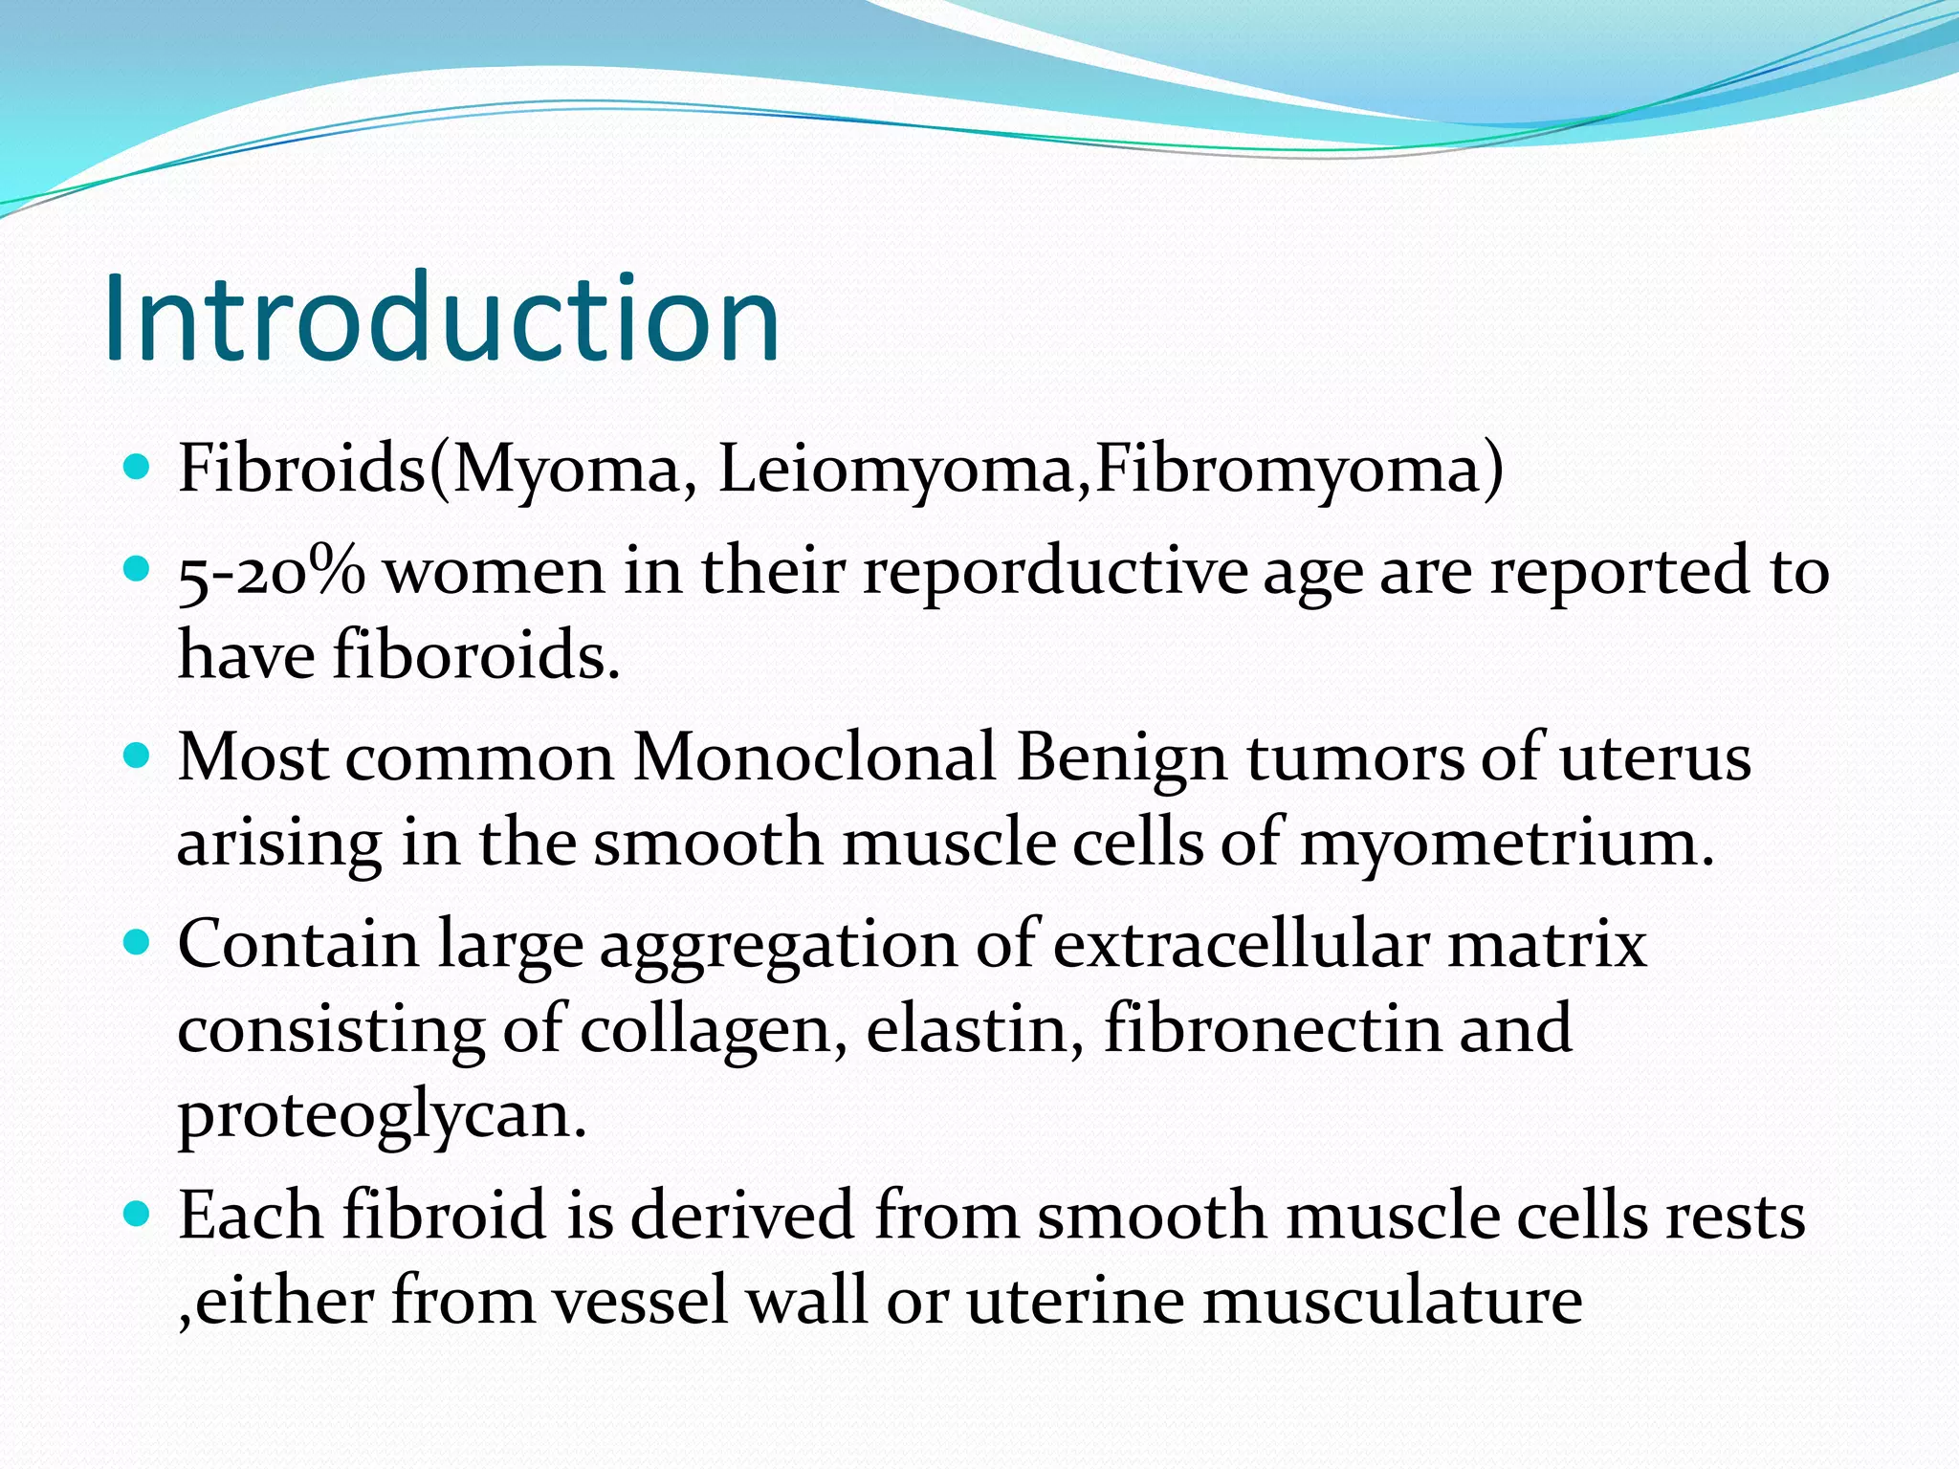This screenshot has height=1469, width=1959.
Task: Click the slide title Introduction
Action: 441,318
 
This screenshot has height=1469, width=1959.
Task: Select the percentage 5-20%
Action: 271,572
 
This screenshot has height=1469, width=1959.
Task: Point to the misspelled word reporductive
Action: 1055,572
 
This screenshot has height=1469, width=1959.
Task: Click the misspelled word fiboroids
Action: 475,656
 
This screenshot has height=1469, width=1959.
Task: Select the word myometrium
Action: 1507,844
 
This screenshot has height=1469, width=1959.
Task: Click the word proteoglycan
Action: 382,1115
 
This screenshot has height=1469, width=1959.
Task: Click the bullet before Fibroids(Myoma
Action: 139,468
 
